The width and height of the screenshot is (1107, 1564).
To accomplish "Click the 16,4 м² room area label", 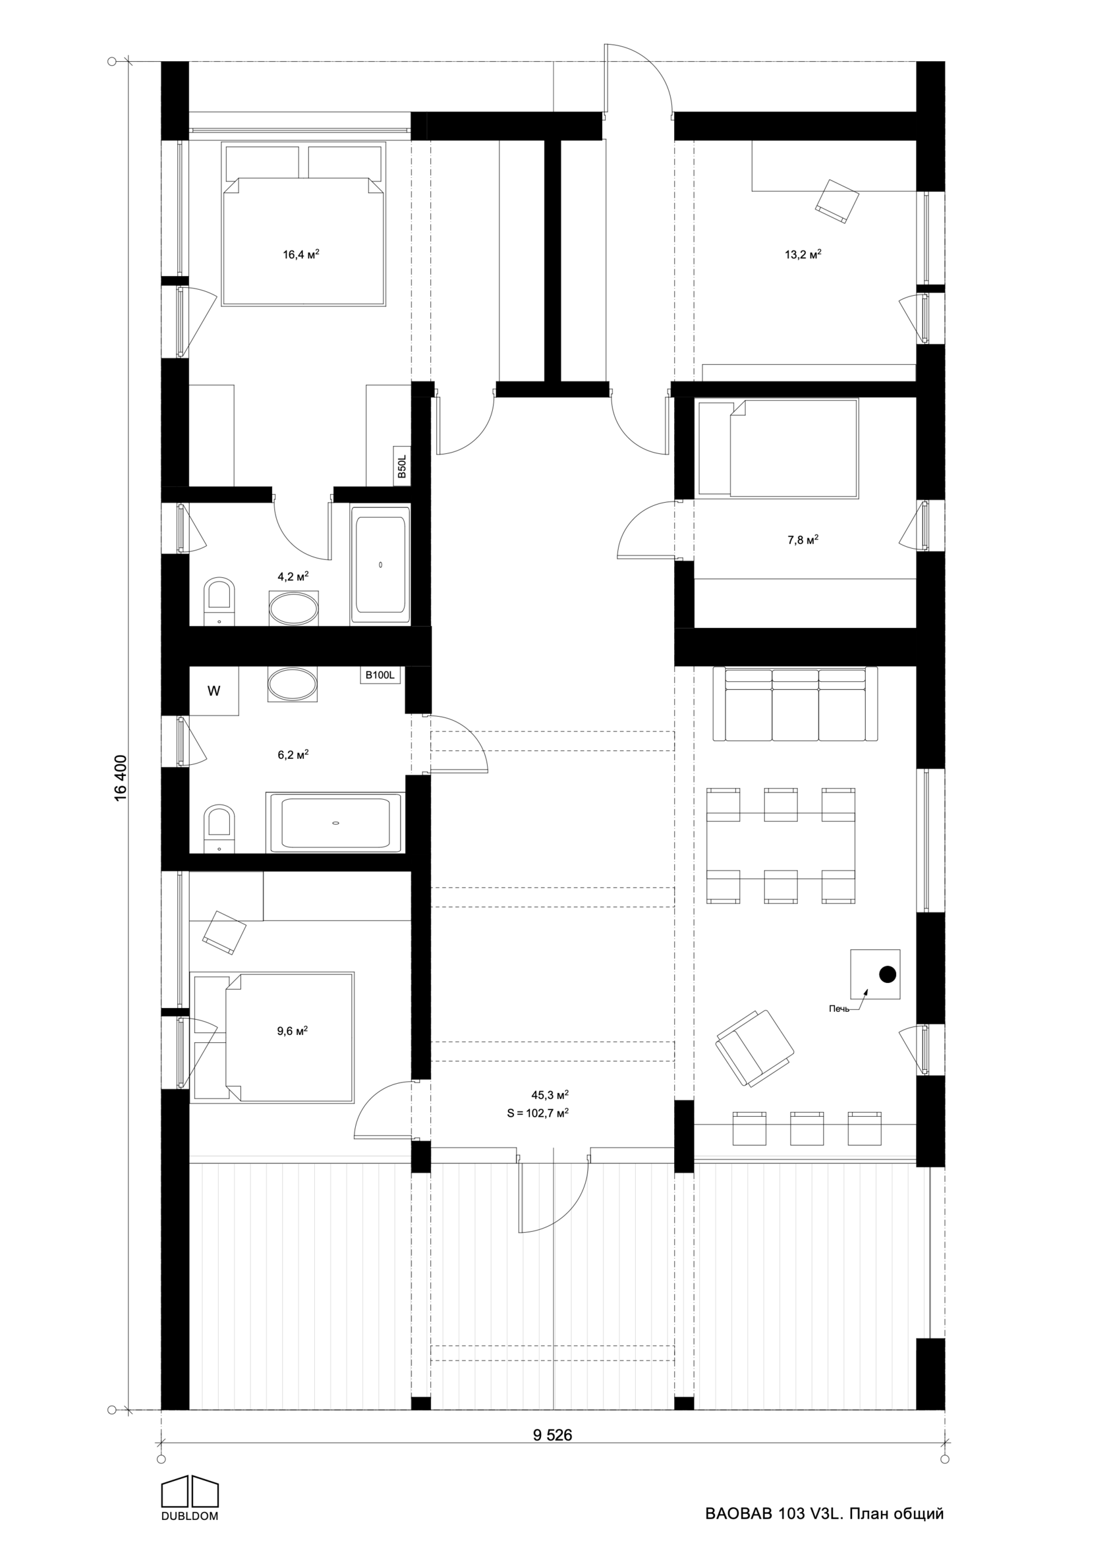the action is (x=301, y=255).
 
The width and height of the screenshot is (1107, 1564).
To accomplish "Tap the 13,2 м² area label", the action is (x=803, y=255).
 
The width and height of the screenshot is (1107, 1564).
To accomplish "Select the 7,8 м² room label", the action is (x=803, y=540).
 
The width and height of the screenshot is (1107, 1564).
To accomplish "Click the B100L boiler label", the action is (x=380, y=675).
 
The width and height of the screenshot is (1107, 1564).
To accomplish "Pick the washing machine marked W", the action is (x=214, y=691).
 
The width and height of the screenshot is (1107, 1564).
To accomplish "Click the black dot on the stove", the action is (x=887, y=974).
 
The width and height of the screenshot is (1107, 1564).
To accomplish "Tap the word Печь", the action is (x=839, y=1009).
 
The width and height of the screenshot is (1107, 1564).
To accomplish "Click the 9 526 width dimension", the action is (x=553, y=1435).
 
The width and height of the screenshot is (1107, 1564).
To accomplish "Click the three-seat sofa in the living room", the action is (x=795, y=704).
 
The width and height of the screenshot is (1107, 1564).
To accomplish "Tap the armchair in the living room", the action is (x=755, y=1048).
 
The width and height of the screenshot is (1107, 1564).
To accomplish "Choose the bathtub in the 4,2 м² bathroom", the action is (x=380, y=565).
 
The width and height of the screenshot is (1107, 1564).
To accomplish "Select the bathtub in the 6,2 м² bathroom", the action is (x=335, y=823).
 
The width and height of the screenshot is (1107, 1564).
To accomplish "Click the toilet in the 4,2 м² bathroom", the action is (x=219, y=601).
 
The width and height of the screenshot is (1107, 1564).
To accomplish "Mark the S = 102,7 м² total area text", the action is (x=538, y=1113).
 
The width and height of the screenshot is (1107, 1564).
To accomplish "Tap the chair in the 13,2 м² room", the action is (x=837, y=201).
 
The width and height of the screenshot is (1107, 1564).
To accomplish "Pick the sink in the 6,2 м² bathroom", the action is (x=293, y=684).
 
